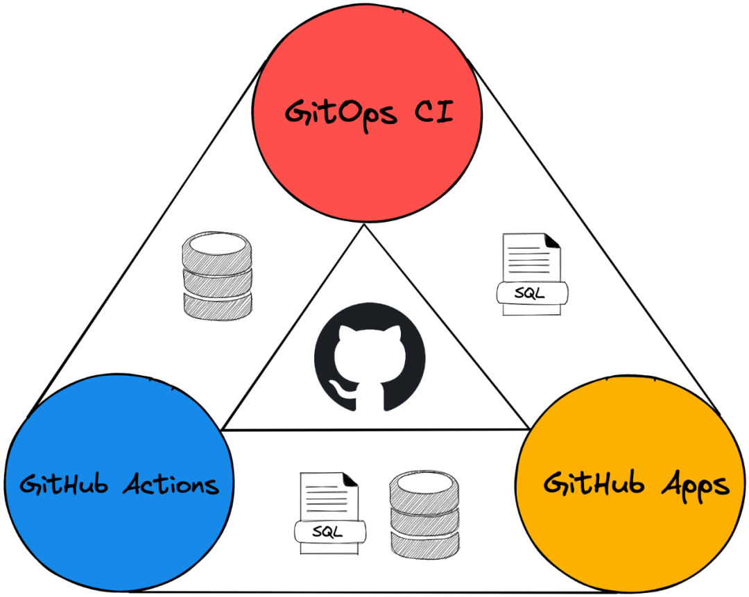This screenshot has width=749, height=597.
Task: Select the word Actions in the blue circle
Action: click(171, 485)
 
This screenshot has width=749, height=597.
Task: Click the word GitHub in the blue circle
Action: click(64, 485)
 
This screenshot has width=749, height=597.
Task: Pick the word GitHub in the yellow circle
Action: click(590, 483)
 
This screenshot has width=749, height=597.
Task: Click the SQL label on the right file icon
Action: click(531, 293)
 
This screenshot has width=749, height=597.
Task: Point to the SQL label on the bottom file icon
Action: click(329, 533)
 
